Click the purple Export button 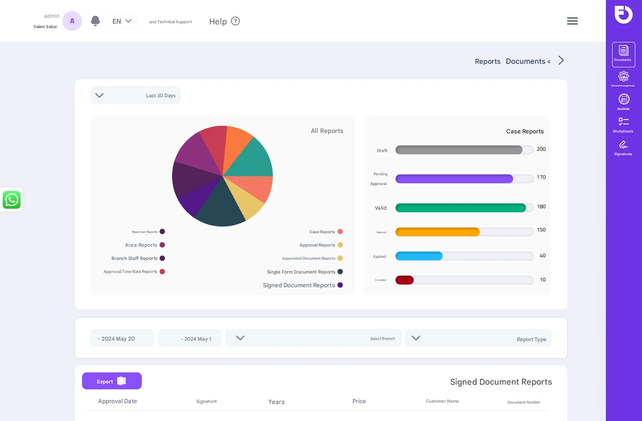pos(111,381)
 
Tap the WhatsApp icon pos(12,200)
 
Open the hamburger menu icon pos(572,21)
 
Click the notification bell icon pos(95,21)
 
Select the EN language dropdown pos(123,21)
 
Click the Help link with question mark pos(224,21)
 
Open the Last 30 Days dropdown pos(136,95)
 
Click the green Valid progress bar pos(460,208)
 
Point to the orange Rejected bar pos(437,232)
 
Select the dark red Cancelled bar pos(404,280)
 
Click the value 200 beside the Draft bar pos(541,149)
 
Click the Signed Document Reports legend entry pos(303,285)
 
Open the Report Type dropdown pos(478,338)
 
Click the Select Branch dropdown pos(313,338)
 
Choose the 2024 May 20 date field pos(122,338)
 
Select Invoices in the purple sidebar pos(623,102)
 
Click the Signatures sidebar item pos(623,148)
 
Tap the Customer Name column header pos(442,401)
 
